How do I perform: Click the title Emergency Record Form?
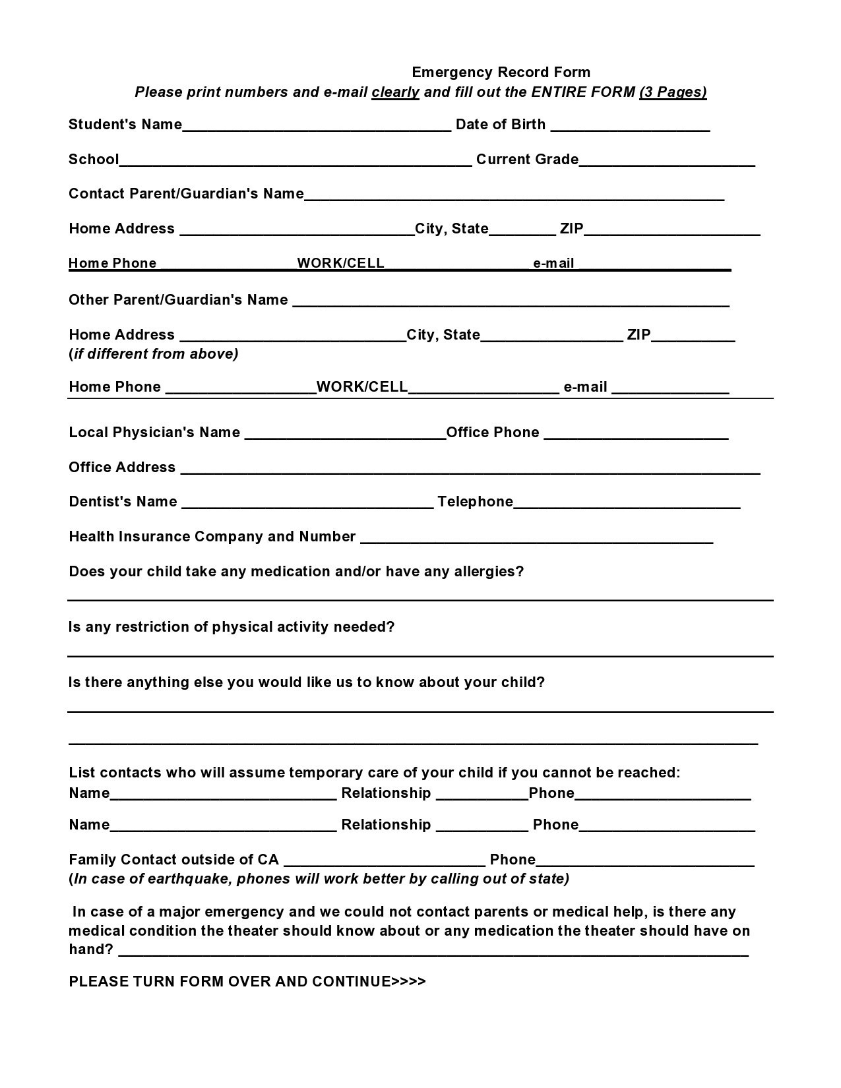501,72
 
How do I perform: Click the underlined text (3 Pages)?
673,92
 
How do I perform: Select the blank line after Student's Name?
317,126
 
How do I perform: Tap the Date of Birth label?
501,124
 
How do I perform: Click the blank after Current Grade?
667,161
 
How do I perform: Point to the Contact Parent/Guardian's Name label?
186,193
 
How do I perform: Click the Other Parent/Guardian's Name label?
178,299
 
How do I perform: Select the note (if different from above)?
154,353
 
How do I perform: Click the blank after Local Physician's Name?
345,434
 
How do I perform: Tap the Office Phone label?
493,432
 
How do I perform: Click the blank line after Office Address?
470,469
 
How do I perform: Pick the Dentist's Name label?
123,501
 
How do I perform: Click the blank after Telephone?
627,503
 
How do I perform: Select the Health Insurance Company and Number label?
212,536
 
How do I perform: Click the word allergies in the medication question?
488,571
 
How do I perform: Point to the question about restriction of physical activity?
232,626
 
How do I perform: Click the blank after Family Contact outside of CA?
385,861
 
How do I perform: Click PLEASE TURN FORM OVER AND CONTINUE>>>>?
247,981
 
